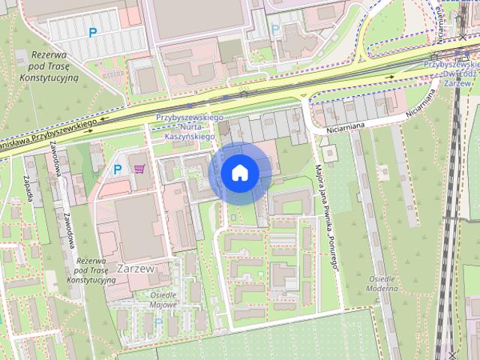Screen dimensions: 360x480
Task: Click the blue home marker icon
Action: point(240,172)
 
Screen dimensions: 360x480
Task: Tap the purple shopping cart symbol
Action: point(140,169)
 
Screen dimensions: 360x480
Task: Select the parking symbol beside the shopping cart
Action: point(117,170)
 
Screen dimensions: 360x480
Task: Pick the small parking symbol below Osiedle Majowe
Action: point(158,322)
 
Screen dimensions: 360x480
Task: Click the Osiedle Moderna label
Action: point(382,283)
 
